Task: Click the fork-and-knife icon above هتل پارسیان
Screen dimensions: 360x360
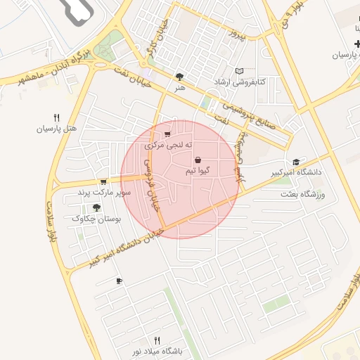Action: [x=57, y=117]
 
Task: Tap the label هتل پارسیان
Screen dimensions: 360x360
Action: [x=56, y=129]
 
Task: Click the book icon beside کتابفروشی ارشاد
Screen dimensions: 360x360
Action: [x=240, y=72]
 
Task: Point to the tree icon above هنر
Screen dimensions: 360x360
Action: [x=180, y=76]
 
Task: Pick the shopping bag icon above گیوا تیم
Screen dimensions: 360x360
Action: [x=198, y=160]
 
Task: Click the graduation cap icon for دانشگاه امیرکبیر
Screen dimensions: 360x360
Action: [x=296, y=161]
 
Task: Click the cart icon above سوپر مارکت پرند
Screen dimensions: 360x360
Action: [x=103, y=181]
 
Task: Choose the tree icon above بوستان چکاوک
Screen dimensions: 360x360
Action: [x=96, y=207]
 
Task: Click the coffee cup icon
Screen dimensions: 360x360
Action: [x=119, y=281]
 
